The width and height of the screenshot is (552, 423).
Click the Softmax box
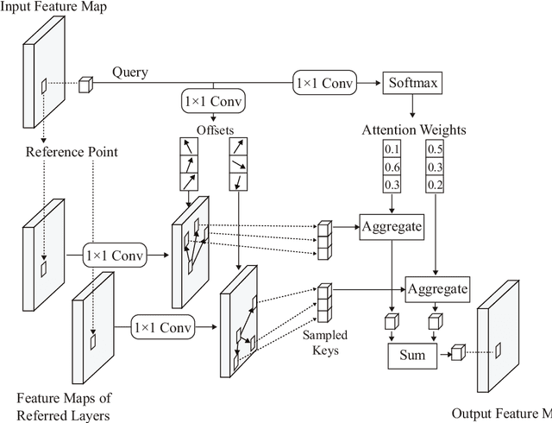coord(413,83)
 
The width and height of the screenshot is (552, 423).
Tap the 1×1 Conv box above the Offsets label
coord(213,102)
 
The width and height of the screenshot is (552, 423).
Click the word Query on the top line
coord(129,73)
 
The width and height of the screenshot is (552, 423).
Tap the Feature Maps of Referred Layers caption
coord(65,406)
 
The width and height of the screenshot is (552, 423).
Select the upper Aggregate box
coord(392,226)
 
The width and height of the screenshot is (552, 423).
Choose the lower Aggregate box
coord(437,288)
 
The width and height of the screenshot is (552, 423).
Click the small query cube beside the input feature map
coord(85,85)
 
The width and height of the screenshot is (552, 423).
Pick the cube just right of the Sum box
coord(458,352)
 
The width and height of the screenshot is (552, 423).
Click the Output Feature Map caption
coord(501,413)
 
